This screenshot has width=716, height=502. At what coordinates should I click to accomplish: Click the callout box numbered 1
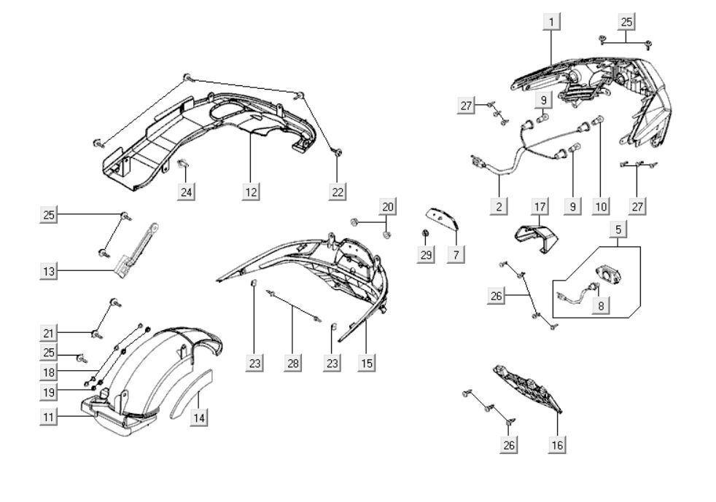[x=551, y=22]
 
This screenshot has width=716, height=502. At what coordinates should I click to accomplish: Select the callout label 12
[x=252, y=192]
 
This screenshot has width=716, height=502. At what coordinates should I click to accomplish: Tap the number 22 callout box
[x=337, y=192]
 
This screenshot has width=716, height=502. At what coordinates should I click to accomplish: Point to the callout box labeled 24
[x=187, y=192]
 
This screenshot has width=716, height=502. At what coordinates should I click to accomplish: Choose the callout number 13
[x=48, y=271]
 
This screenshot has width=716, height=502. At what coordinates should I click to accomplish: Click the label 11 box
[x=48, y=417]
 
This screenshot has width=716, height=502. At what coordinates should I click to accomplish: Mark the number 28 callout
[x=293, y=363]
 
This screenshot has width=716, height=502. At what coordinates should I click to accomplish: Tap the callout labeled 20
[x=388, y=207]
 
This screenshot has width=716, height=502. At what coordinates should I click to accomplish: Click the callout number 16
[x=558, y=444]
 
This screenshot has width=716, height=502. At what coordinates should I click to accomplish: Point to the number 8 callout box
[x=601, y=305]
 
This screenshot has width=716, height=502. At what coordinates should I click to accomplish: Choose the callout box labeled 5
[x=618, y=230]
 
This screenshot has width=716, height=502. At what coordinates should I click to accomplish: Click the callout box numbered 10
[x=601, y=206]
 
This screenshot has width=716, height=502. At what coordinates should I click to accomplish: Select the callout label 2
[x=499, y=206]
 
